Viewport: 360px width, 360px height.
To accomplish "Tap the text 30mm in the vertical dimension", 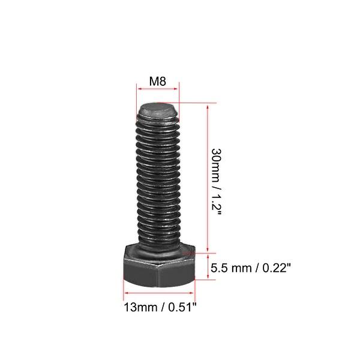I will (214, 162).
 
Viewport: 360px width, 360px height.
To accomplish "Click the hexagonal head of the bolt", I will (160, 268).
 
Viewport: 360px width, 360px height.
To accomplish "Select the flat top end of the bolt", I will (157, 110).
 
